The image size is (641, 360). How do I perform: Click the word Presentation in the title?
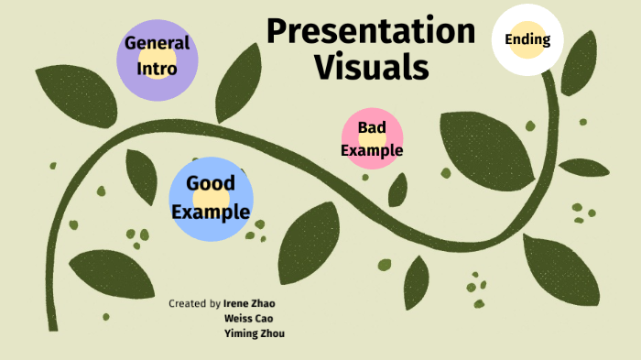(371, 31)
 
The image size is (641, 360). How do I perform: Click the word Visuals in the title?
(372, 67)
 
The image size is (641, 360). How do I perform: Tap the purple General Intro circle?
(158, 60)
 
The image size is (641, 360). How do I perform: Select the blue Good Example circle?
(211, 199)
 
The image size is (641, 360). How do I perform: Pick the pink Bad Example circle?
(372, 138)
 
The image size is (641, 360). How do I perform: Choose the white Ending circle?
(527, 39)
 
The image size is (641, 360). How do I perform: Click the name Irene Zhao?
(249, 303)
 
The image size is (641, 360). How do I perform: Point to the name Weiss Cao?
(248, 318)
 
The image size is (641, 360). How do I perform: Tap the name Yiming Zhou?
(255, 333)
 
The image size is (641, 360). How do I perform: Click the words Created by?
(194, 303)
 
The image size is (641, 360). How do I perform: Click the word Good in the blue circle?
(211, 183)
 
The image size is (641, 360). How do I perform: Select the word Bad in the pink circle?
(372, 127)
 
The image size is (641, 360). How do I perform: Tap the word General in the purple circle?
(158, 43)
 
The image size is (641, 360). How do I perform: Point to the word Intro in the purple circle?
(157, 69)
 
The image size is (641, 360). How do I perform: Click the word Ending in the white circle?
(527, 39)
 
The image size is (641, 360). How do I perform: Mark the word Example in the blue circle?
(211, 213)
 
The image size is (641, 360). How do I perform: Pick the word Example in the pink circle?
(372, 150)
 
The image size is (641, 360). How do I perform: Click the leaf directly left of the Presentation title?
(239, 83)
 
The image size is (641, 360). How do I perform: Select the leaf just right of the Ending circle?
(579, 63)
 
